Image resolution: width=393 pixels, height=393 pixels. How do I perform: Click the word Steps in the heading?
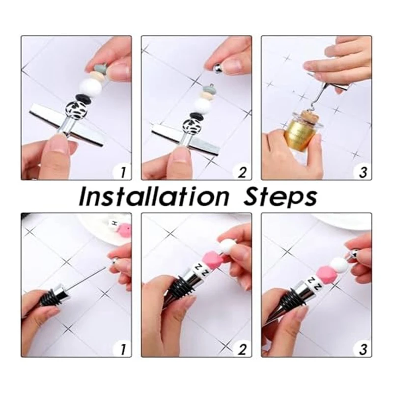280,198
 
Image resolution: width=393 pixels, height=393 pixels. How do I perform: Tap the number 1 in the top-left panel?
122,172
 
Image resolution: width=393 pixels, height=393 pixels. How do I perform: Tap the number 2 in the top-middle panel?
242,172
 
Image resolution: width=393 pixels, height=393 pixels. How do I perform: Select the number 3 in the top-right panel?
363,172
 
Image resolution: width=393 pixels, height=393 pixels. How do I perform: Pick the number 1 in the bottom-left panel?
122,349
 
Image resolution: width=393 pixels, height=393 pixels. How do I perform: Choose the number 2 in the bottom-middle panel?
242,349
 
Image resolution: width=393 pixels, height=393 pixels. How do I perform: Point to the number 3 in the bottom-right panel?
363,349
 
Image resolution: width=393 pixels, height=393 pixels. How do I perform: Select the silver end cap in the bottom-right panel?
350,253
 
